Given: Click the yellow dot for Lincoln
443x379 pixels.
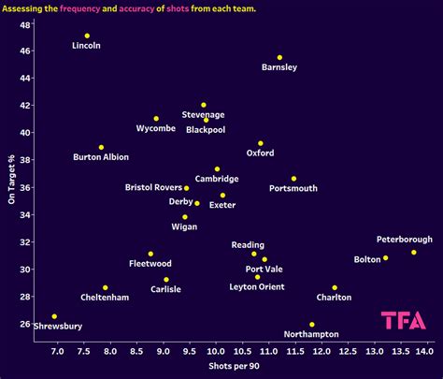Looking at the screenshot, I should tap(87, 36).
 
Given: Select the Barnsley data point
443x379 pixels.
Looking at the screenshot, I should tap(279, 57).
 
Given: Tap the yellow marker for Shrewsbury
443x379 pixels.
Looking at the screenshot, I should tap(54, 316).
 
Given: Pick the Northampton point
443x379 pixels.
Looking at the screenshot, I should tap(312, 325).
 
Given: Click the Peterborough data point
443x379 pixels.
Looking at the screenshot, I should tap(414, 252).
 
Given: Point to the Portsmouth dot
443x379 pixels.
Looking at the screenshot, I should tap(293, 179).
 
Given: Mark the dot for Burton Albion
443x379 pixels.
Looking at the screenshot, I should tap(101, 147).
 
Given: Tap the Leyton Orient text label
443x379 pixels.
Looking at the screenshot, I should tap(257, 286).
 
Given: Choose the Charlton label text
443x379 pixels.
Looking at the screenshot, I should tap(334, 298).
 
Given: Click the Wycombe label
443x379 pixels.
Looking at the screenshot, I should tap(155, 128).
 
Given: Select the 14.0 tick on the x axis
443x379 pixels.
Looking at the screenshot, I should tap(424, 352).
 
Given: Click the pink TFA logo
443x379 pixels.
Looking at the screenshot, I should tap(404, 320).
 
